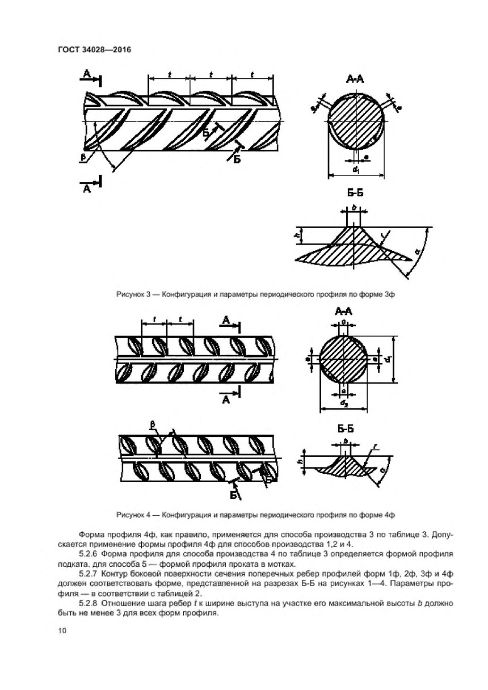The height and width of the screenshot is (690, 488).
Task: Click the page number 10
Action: click(x=62, y=631)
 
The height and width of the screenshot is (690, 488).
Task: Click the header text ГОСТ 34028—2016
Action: click(x=94, y=49)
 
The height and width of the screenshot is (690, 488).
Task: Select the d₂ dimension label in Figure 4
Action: click(x=343, y=404)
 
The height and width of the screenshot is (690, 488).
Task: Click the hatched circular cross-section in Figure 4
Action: click(x=343, y=359)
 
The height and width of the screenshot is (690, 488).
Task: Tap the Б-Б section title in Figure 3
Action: click(x=355, y=193)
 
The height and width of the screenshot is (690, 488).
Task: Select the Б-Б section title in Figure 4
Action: click(x=345, y=429)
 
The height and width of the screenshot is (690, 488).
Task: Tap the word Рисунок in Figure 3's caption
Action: click(x=129, y=294)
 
